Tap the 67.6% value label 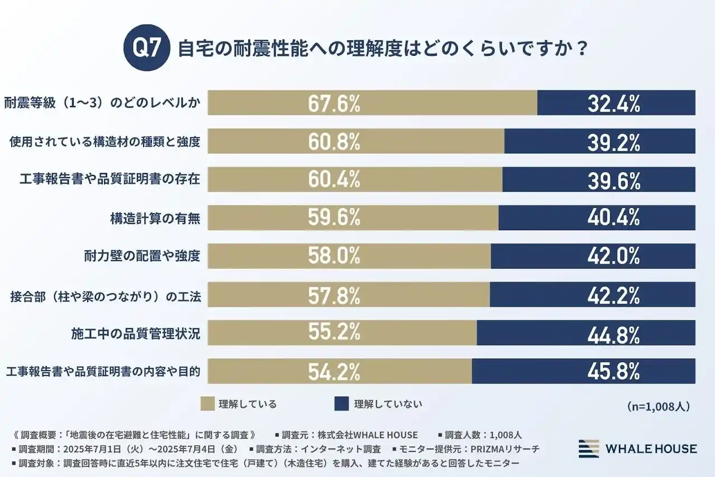coord(334,103)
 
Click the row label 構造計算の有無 coord(155,218)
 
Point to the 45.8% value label coord(613,372)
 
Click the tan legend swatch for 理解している coord(207,403)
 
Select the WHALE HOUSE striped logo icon coord(588,448)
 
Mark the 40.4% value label coord(613,218)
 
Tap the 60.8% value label coord(334,142)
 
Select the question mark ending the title coord(581,48)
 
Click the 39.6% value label coord(613,180)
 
